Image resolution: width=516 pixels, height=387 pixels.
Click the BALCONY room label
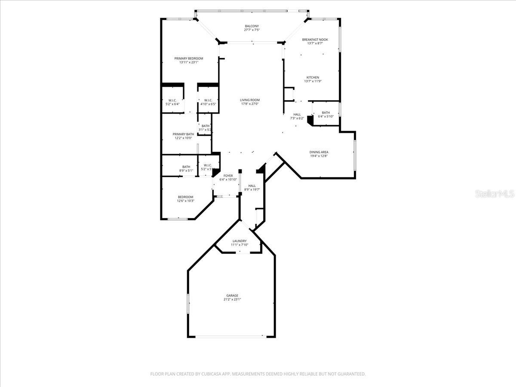[x=252, y=26]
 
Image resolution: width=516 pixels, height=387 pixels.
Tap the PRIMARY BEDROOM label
[x=188, y=58]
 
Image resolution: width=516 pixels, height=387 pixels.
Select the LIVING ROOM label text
[x=250, y=100]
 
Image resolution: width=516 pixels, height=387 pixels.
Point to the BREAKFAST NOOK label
[x=315, y=40]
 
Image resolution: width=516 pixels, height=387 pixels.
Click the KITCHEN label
[x=312, y=77]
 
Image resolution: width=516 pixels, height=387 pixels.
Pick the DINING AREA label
[x=319, y=152]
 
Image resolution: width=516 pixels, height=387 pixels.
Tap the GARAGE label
[x=232, y=295]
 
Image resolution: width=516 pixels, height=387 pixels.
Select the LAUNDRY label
[x=240, y=241]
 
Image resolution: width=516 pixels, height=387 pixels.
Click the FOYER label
[x=228, y=176]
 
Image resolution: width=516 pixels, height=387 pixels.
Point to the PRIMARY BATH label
[x=183, y=134]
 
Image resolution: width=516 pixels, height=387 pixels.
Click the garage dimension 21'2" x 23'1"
[x=232, y=300]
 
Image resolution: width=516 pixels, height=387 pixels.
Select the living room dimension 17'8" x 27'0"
[x=250, y=104]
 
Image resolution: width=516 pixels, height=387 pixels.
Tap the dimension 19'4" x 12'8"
[x=319, y=156]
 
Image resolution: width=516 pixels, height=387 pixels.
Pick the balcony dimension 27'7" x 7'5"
[x=252, y=30]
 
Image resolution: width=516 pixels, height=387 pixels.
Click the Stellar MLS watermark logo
[x=494, y=194]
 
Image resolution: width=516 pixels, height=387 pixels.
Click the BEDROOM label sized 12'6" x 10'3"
[x=186, y=197]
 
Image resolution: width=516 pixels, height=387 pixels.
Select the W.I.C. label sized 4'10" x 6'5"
[x=208, y=100]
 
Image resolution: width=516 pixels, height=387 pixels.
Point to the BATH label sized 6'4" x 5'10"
[x=326, y=113]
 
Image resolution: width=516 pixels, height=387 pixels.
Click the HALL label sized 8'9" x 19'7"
[x=252, y=186]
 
